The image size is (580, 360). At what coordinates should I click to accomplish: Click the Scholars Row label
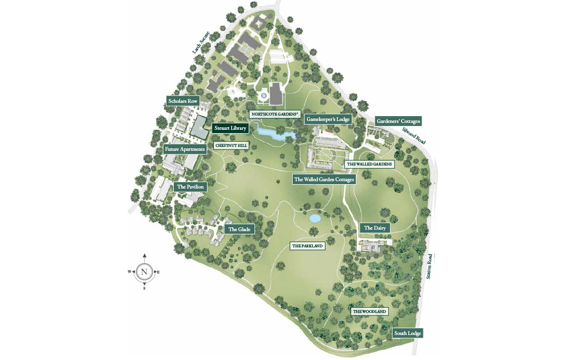[x=183, y=101]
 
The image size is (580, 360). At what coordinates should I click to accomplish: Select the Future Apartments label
[x=185, y=149]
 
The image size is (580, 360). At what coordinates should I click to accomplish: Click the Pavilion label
[x=190, y=187]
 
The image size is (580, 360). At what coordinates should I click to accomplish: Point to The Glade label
[x=239, y=229]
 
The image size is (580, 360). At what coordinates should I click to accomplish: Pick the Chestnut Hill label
[x=232, y=145]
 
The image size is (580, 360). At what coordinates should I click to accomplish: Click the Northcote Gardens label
[x=275, y=114]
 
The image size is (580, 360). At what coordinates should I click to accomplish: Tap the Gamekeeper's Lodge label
[x=327, y=119]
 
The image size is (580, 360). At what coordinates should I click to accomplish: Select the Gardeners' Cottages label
[x=397, y=121]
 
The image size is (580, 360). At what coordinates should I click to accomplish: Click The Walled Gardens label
[x=370, y=164]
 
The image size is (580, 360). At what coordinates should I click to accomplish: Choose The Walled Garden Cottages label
[x=324, y=179]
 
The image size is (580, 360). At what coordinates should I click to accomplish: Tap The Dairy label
[x=375, y=228]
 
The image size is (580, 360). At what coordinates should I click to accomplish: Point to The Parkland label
[x=307, y=246]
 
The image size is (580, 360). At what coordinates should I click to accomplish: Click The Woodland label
[x=370, y=312]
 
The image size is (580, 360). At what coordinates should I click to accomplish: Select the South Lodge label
[x=407, y=334]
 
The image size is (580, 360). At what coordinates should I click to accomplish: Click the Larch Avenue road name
[x=201, y=42]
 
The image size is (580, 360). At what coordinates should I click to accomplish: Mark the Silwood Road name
[x=414, y=135]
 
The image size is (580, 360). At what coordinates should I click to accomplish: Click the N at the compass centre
[x=144, y=272]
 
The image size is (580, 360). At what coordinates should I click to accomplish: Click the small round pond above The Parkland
[x=315, y=218]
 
